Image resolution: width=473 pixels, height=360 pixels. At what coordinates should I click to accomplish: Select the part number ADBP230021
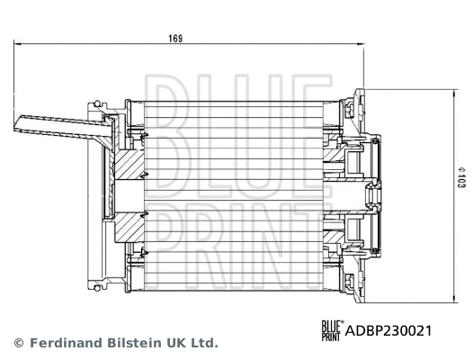point(388,330)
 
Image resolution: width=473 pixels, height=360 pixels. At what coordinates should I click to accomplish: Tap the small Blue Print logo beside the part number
point(332,330)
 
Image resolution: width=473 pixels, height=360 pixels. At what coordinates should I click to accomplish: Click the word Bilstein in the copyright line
point(140,343)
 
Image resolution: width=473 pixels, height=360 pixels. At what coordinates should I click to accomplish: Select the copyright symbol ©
point(18,343)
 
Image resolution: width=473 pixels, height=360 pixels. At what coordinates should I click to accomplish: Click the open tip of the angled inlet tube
point(19,124)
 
